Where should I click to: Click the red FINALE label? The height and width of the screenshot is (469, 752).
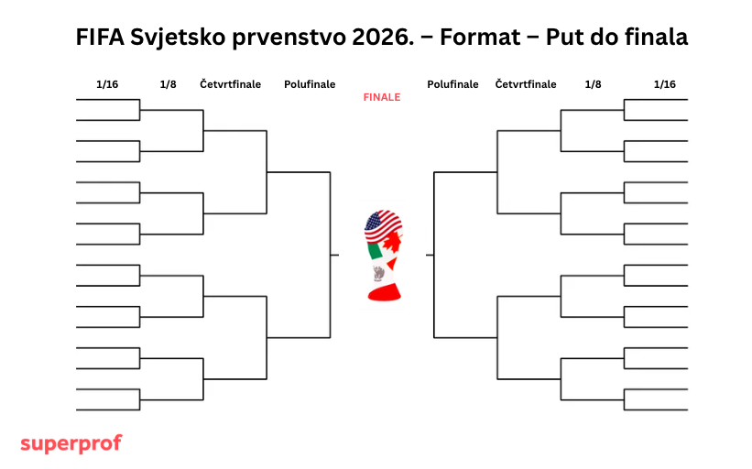click(382, 97)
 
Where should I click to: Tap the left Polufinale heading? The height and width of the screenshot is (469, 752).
click(310, 84)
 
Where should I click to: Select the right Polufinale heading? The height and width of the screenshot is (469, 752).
click(452, 84)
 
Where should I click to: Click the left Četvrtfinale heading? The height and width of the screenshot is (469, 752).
click(230, 84)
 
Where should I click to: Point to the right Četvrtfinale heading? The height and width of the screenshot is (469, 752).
click(526, 84)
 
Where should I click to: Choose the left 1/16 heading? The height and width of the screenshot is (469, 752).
click(107, 84)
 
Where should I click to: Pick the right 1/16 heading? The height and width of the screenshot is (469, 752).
click(665, 84)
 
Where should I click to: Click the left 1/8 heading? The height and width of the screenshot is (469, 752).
click(168, 84)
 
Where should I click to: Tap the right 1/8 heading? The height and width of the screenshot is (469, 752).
click(593, 84)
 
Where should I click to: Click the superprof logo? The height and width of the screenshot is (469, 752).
click(71, 443)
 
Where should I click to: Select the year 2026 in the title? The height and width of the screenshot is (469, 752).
click(383, 37)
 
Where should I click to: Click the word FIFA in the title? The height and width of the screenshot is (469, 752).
click(100, 37)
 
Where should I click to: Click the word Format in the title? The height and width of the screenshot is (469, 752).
click(480, 37)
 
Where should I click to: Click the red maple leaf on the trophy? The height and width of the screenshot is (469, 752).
click(393, 242)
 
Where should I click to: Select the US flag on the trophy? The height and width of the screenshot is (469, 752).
click(382, 225)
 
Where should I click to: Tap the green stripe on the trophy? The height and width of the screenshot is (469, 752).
click(375, 251)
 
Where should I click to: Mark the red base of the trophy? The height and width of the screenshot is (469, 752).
click(384, 292)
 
